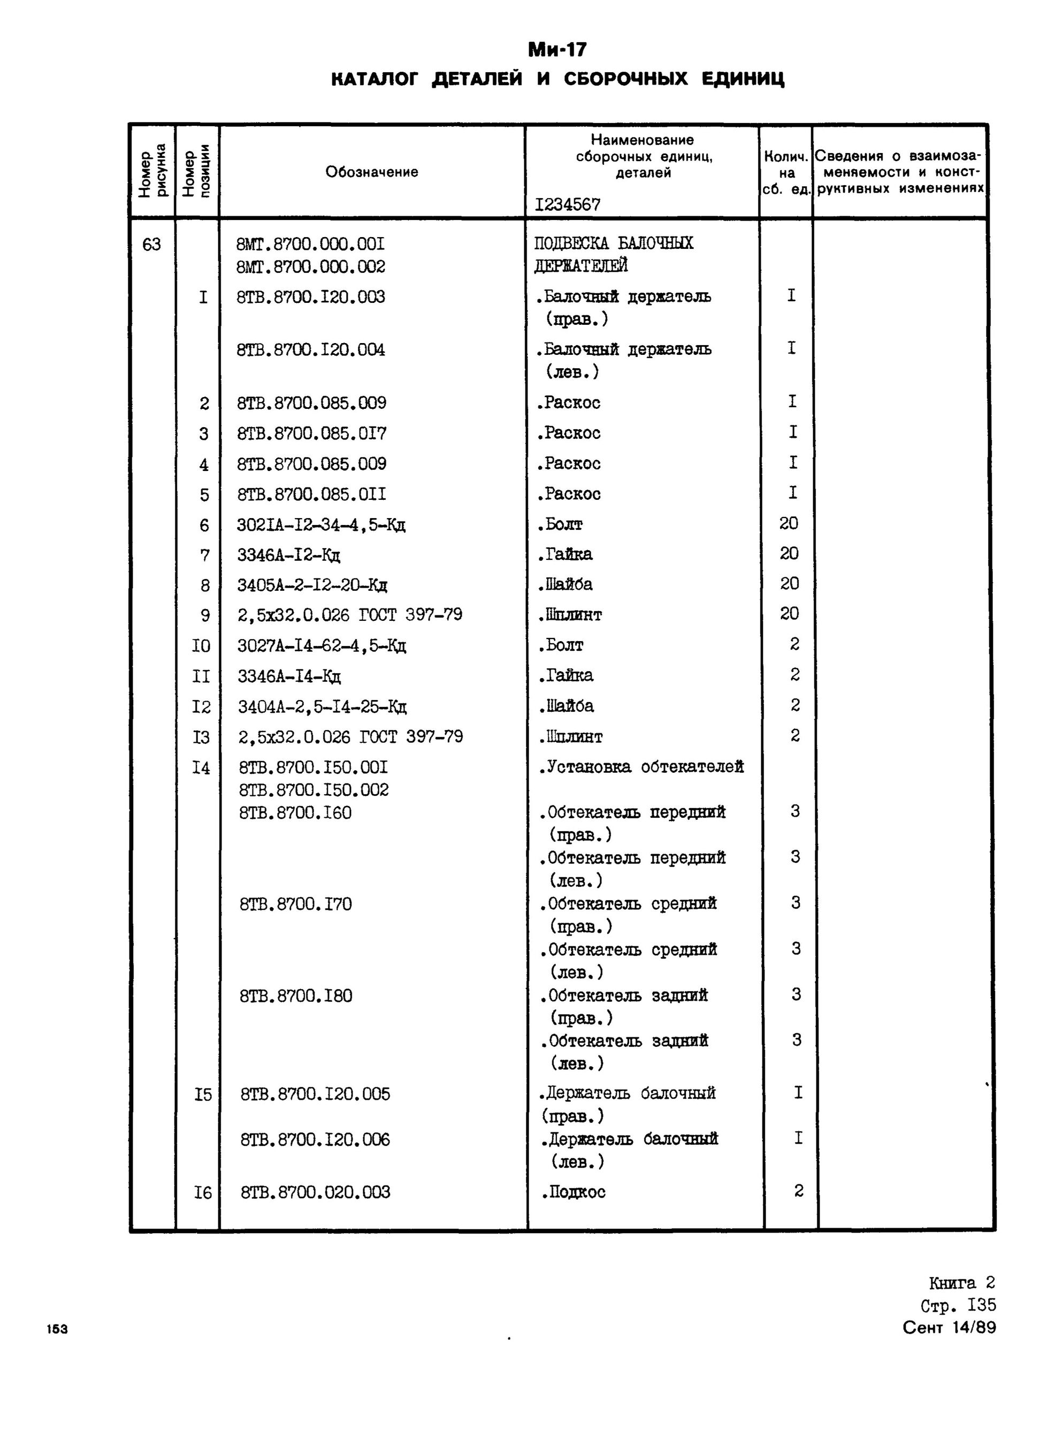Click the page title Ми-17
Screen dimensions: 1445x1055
[557, 50]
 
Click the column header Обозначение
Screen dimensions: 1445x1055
[372, 172]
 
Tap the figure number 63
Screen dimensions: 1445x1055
[151, 245]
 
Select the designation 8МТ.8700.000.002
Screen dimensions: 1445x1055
[310, 267]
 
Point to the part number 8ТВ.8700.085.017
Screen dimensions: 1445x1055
[312, 433]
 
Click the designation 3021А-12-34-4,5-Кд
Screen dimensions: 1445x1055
[321, 525]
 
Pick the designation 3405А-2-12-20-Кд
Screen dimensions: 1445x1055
[312, 585]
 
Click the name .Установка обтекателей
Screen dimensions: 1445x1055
[641, 767]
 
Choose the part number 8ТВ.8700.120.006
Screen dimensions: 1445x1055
[315, 1139]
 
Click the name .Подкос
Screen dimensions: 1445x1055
[574, 1192]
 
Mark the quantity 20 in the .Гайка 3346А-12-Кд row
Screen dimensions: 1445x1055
[789, 553]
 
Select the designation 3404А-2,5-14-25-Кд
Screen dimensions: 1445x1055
[322, 707]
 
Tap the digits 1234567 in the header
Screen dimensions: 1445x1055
[568, 204]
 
